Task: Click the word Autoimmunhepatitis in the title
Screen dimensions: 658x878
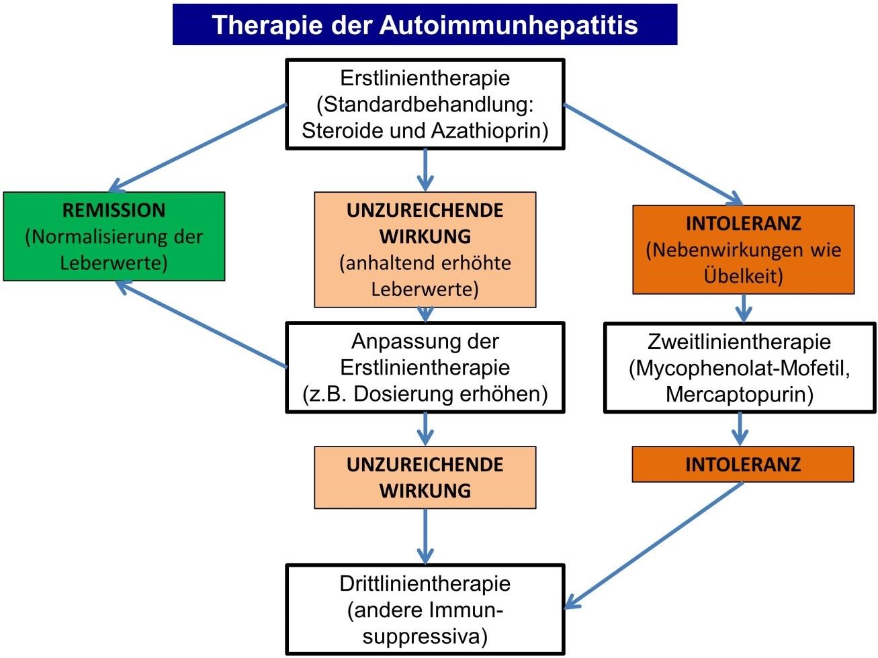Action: (509, 25)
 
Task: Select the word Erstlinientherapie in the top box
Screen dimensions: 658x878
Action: (425, 78)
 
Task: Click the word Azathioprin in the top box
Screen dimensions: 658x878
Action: (490, 130)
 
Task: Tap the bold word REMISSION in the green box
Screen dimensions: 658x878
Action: (114, 210)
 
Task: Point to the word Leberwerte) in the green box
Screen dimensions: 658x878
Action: (114, 263)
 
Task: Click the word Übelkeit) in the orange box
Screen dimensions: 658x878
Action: (743, 276)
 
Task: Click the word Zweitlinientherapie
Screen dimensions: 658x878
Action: (739, 342)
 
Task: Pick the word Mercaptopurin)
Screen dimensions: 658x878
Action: (739, 394)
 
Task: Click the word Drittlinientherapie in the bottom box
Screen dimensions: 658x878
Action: (425, 583)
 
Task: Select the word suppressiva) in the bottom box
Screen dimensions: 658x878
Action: (425, 636)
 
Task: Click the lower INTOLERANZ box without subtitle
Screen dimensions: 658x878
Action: (743, 465)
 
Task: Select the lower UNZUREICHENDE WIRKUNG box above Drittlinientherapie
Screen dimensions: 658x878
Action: (425, 477)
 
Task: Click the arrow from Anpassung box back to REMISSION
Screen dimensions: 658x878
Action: (202, 324)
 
